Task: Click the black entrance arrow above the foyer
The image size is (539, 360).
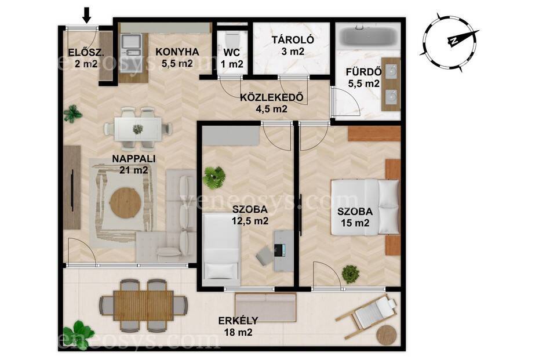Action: [87, 16]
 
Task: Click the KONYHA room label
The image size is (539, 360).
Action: [177, 52]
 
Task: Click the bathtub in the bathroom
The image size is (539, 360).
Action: [368, 37]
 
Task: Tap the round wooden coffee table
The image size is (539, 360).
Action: [125, 202]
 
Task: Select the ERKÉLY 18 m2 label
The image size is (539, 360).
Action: [238, 326]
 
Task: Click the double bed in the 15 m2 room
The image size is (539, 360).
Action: [365, 207]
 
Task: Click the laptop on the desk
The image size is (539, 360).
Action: [280, 250]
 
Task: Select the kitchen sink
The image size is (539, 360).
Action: [131, 45]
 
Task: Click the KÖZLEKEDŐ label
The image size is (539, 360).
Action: [272, 97]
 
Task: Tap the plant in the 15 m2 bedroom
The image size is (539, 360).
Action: [351, 274]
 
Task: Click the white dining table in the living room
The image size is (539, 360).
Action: [138, 129]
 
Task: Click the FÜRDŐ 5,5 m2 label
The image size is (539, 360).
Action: [364, 78]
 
